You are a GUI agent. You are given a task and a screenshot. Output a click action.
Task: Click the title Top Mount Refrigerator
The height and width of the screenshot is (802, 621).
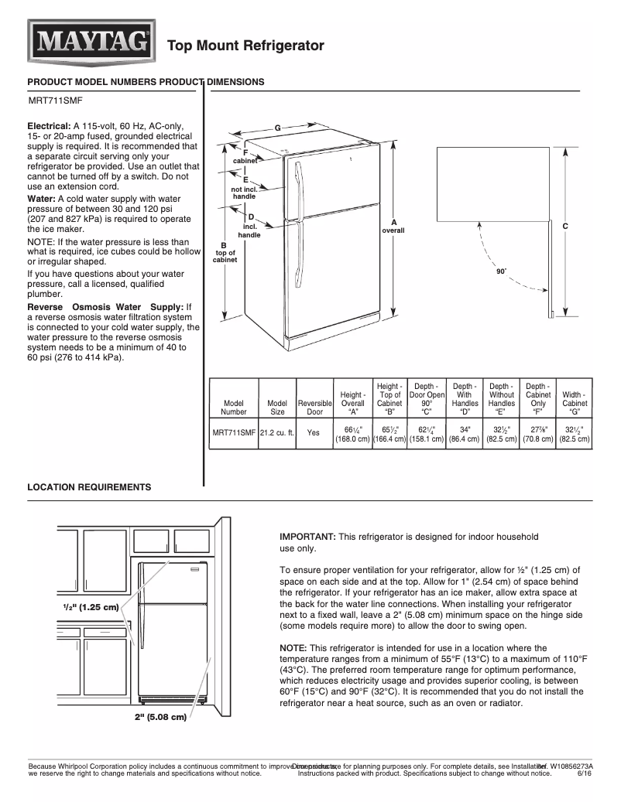[x=246, y=46]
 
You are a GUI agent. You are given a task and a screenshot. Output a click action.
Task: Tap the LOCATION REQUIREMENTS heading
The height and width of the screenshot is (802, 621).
[x=89, y=487]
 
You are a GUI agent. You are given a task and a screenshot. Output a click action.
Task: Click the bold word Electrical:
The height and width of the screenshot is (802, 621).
[x=50, y=125]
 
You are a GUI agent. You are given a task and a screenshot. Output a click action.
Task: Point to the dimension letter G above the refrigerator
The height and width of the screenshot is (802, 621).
[x=277, y=127]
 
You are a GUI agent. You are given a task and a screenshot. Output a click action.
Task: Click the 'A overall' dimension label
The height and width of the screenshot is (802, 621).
[x=393, y=227]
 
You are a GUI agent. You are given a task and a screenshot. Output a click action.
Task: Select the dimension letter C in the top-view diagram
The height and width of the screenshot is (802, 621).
[x=565, y=226]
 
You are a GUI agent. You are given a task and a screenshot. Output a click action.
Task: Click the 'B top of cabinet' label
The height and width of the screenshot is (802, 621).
[x=225, y=253]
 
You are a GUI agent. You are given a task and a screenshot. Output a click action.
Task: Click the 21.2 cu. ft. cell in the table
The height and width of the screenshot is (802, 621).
[x=277, y=434]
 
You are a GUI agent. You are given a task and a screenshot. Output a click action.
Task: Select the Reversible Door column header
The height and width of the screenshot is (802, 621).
[x=314, y=408]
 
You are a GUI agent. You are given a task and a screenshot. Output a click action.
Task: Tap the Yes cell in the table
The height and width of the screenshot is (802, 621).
[x=314, y=434]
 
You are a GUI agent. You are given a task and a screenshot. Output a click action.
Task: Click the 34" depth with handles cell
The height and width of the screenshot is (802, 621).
[x=465, y=433]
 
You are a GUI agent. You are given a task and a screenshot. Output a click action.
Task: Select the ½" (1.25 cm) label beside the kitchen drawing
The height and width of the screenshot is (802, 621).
[x=91, y=606]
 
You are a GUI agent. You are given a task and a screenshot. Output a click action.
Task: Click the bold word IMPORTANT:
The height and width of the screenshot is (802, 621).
[x=307, y=536]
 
